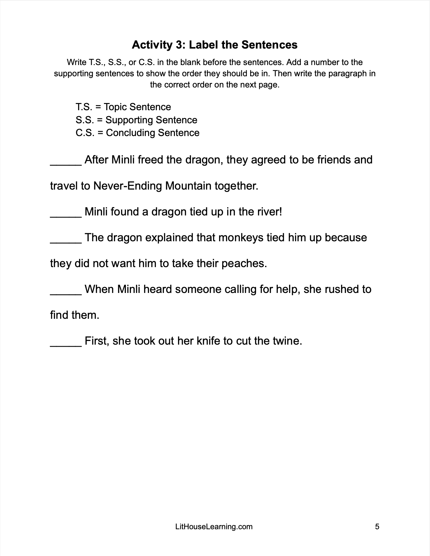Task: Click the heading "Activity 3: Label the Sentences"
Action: tap(215, 45)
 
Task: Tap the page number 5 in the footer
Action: tap(377, 527)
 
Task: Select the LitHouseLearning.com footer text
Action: tap(214, 527)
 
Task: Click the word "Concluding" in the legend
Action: tap(131, 133)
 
